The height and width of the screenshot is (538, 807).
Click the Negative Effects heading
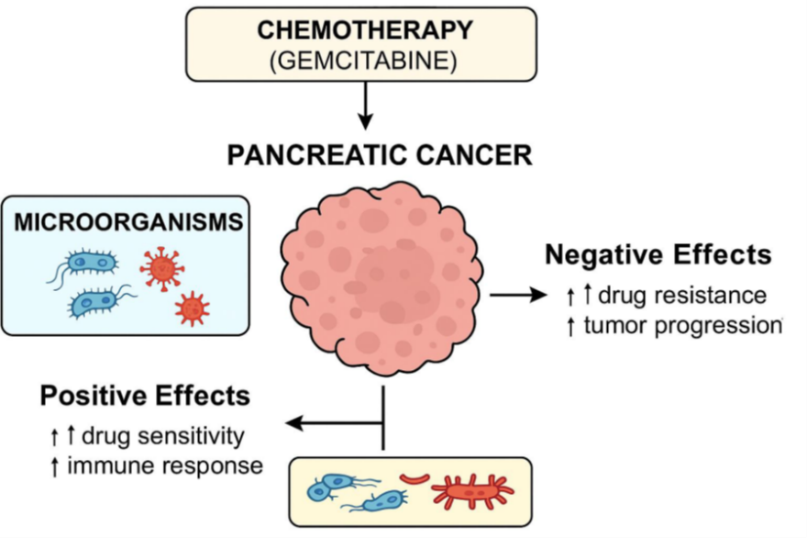pyautogui.click(x=658, y=254)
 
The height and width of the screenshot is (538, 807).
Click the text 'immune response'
pyautogui.click(x=171, y=465)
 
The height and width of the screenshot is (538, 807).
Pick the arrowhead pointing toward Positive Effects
pyautogui.click(x=295, y=423)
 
